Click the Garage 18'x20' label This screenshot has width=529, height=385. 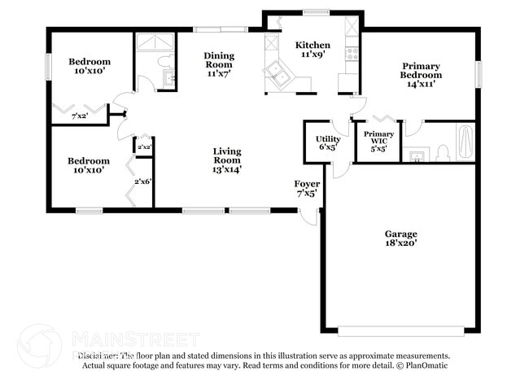(x=400, y=238)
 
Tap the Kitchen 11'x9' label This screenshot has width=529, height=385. (x=312, y=50)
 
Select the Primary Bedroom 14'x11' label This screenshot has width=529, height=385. (x=420, y=75)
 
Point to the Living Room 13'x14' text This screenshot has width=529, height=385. (x=226, y=160)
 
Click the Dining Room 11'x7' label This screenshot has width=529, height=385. (x=218, y=63)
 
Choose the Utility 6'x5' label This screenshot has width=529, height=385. (x=328, y=144)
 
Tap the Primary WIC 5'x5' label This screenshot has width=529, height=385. (x=378, y=141)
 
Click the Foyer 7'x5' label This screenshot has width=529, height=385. (x=307, y=189)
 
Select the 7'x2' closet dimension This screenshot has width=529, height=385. (x=79, y=116)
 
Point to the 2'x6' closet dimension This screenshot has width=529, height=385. (x=143, y=181)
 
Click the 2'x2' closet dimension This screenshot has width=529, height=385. (x=144, y=147)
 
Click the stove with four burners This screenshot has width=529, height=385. (x=352, y=54)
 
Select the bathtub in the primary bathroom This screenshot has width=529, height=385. (x=466, y=142)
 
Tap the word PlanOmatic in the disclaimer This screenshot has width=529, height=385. (x=425, y=365)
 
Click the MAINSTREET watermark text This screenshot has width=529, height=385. (x=135, y=338)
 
